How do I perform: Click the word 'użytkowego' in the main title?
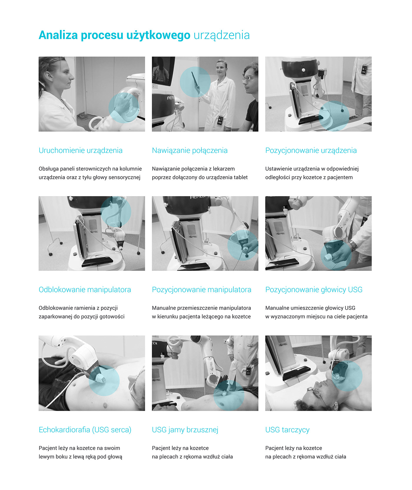click(x=158, y=35)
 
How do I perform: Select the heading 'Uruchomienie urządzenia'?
click(x=81, y=151)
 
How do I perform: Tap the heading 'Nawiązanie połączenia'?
click(x=190, y=151)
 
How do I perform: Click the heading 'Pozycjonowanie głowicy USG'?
click(x=314, y=290)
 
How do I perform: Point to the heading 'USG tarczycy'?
click(x=287, y=430)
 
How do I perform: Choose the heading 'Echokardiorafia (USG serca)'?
click(x=85, y=430)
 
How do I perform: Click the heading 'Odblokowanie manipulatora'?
click(x=85, y=290)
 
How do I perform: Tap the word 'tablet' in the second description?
click(x=240, y=177)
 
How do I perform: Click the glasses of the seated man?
click(x=249, y=78)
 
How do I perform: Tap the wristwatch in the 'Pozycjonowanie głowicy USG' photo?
click(x=352, y=245)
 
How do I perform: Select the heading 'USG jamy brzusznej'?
click(x=185, y=430)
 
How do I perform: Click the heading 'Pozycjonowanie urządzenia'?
click(x=311, y=151)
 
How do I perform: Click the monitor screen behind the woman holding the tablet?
click(x=162, y=70)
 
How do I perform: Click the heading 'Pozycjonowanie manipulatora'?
click(x=202, y=290)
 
